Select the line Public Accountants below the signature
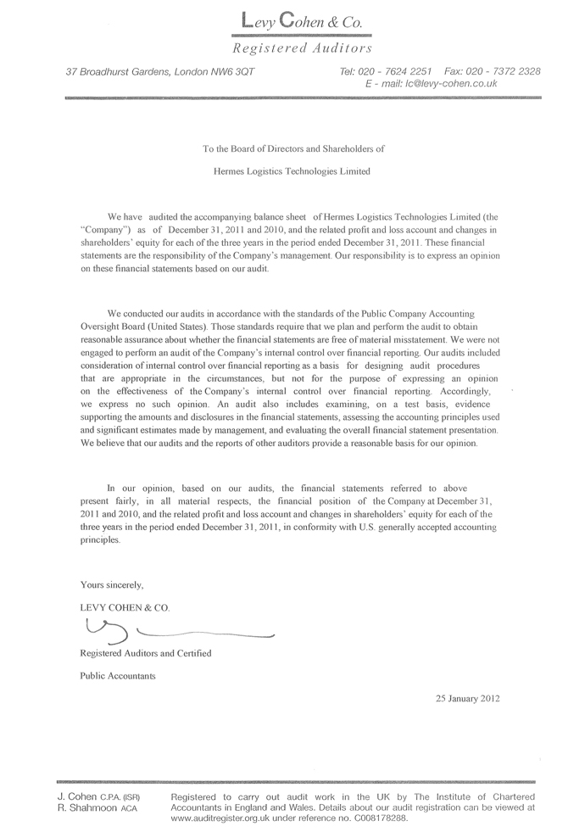click(x=117, y=677)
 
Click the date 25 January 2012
click(x=467, y=700)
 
